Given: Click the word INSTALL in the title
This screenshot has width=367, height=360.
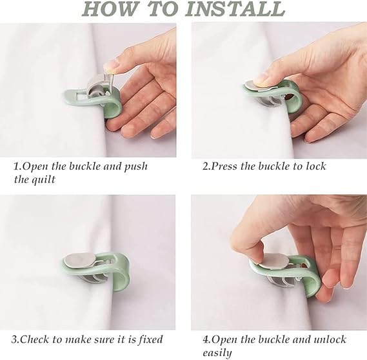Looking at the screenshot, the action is (x=237, y=9).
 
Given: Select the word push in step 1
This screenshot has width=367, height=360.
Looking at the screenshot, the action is (x=135, y=166).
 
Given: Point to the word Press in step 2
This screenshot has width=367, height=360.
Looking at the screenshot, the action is (x=224, y=166).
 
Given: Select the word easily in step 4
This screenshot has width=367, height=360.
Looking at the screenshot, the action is (x=217, y=353).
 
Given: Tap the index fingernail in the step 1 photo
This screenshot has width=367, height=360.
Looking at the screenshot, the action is (x=110, y=65).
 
